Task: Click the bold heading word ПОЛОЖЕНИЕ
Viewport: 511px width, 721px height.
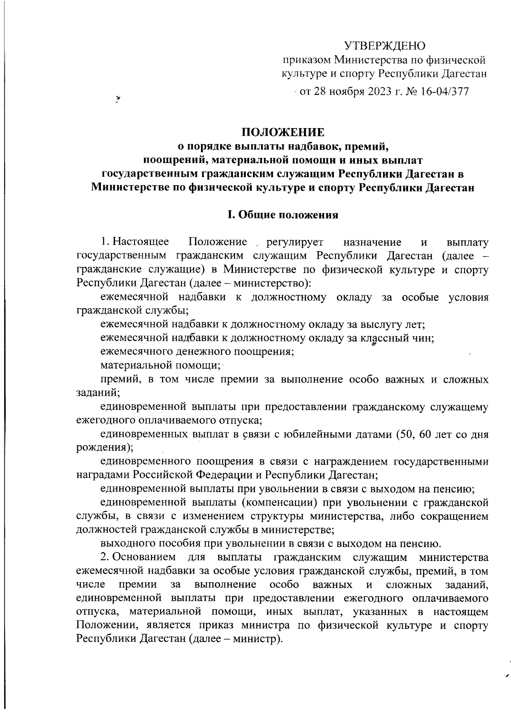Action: [x=283, y=132]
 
